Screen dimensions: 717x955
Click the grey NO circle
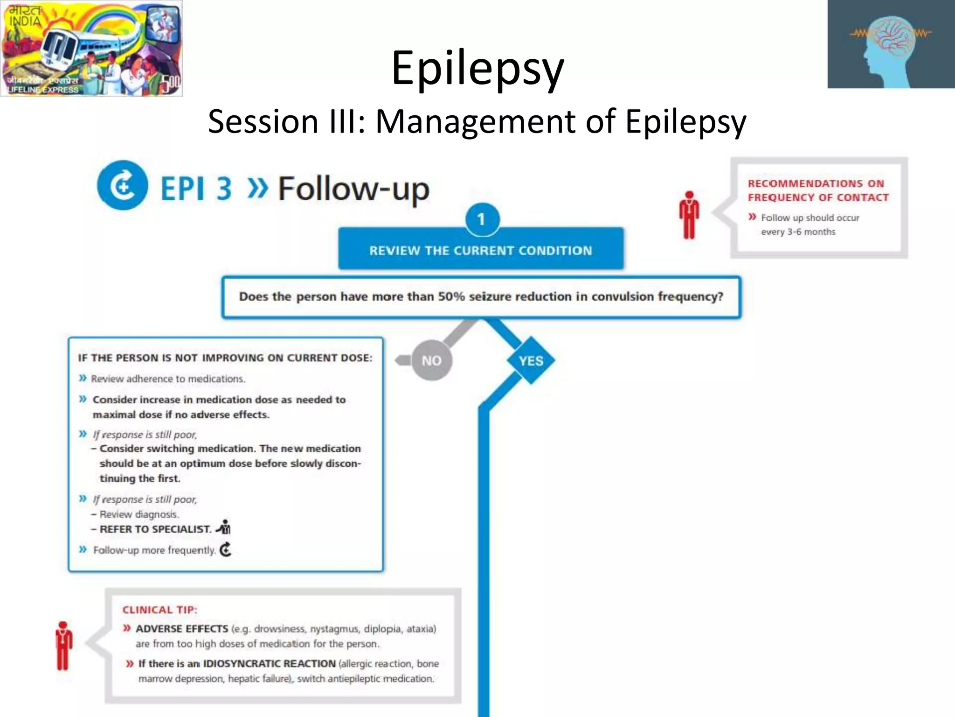coord(431,360)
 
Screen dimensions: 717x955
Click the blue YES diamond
coord(531,360)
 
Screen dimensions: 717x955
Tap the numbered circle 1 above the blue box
coord(482,219)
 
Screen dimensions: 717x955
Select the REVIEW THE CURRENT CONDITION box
coord(481,250)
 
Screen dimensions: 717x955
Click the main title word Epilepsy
coord(477,68)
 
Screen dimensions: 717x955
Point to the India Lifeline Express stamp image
coord(91,48)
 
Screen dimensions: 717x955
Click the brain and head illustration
coord(891,44)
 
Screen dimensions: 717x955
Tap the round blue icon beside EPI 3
coord(122,186)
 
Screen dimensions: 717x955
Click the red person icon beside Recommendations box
coord(689,215)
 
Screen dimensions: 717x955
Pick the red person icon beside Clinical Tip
coord(63,646)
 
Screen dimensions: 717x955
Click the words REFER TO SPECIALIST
coord(155,529)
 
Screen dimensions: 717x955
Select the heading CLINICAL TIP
coord(159,610)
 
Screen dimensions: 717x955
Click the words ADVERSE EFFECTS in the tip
coord(182,629)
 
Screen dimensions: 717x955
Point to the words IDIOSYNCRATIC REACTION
coord(269,663)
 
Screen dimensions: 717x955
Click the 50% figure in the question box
coord(451,296)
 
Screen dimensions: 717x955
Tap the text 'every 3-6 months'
coord(798,232)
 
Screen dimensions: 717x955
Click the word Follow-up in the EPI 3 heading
coord(353,189)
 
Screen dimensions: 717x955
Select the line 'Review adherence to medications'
coord(168,379)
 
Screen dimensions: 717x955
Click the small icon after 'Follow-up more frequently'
coord(226,549)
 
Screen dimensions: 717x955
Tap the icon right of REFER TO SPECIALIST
coord(224,527)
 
